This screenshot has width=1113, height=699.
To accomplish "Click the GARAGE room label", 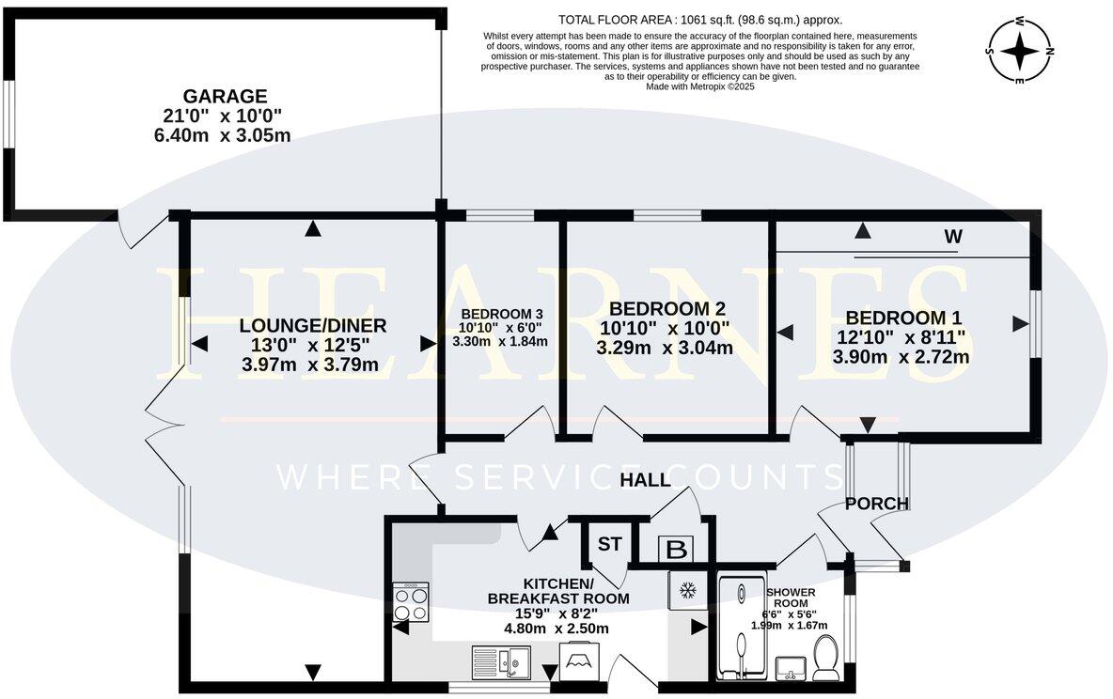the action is click(x=225, y=96).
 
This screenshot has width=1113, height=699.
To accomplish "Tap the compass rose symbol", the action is click(x=1020, y=51).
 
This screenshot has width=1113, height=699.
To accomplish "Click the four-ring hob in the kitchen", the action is click(x=411, y=602).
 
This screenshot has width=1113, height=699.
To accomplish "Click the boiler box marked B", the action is click(x=677, y=550).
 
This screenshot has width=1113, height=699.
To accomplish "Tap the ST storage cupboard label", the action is click(x=609, y=544).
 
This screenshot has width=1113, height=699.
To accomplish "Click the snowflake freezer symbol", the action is click(x=687, y=590).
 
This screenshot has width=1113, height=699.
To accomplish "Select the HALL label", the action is click(x=645, y=480).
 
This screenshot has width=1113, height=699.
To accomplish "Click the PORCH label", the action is click(x=877, y=504).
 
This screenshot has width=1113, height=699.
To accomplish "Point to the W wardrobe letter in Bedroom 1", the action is click(x=953, y=237).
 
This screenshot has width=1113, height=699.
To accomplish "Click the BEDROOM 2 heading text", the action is click(x=667, y=309).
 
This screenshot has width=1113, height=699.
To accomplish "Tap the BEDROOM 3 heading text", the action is click(x=502, y=314).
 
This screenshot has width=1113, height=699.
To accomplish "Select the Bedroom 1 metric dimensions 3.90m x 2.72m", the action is click(x=901, y=356).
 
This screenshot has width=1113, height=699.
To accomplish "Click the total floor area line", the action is click(x=700, y=20).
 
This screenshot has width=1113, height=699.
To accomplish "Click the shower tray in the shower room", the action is click(x=742, y=629).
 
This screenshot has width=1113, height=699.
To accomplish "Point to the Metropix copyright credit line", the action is click(x=700, y=86).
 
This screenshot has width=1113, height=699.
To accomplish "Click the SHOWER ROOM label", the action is click(x=790, y=597).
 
